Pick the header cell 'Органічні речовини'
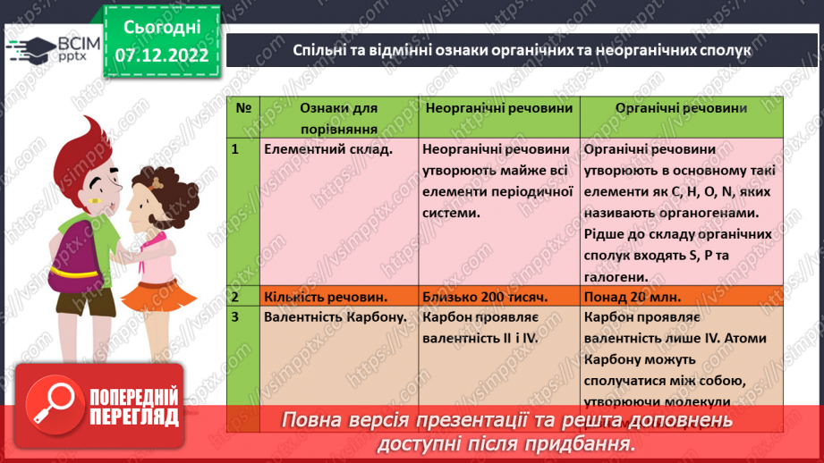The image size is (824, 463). click(682, 106)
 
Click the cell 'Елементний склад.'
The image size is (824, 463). click(329, 149)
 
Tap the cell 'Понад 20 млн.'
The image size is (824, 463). click(632, 297)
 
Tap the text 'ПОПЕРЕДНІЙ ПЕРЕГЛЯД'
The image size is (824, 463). click(135, 407)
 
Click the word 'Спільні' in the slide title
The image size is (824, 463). click(318, 51)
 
